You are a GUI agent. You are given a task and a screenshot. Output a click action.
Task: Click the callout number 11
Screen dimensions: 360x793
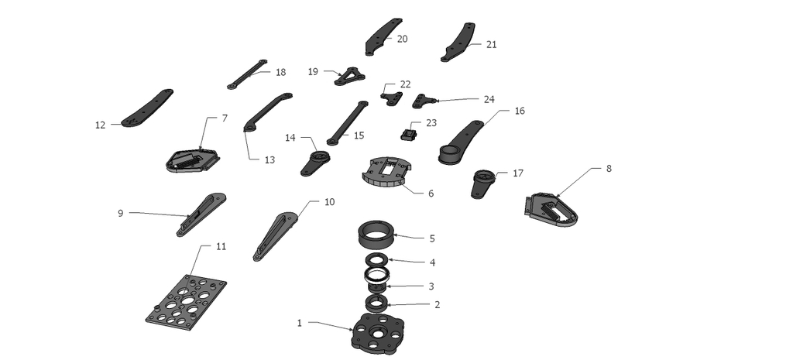(221, 246)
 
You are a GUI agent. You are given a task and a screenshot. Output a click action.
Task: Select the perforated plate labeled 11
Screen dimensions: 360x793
(186, 302)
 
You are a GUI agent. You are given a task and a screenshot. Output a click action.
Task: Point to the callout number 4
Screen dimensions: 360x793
(433, 262)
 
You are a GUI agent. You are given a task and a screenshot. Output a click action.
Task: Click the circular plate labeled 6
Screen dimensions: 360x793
(386, 173)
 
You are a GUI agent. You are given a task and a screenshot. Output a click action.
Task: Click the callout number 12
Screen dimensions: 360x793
(100, 125)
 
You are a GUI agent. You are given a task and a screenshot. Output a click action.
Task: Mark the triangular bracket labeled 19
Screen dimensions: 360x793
(349, 76)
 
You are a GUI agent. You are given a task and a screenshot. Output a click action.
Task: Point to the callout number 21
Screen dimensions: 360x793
(491, 44)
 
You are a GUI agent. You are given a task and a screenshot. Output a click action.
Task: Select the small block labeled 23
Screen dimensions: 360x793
(407, 135)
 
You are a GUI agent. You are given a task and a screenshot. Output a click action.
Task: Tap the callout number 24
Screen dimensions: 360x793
(489, 99)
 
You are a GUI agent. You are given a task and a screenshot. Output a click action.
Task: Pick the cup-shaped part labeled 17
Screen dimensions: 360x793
(482, 182)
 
